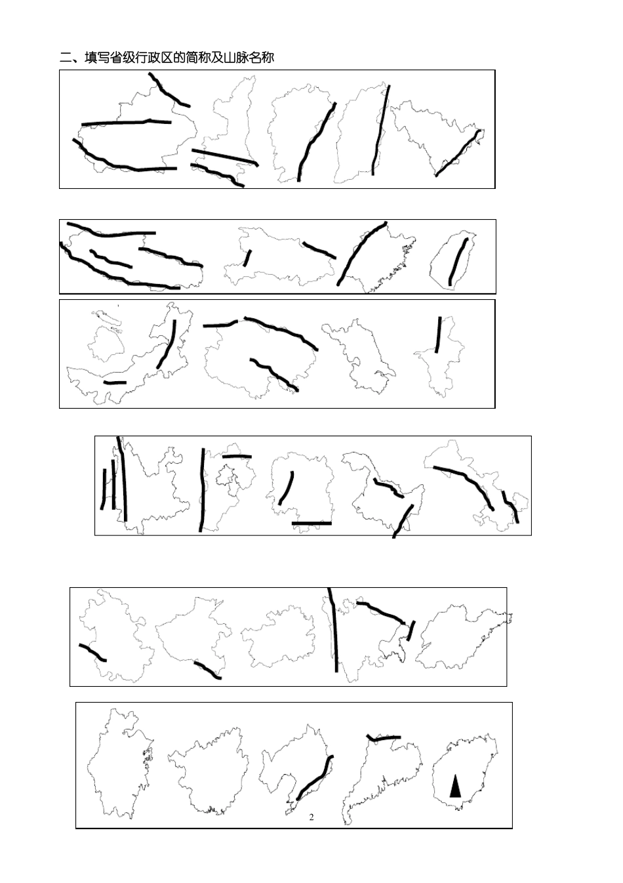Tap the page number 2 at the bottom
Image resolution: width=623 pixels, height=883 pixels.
pos(311,817)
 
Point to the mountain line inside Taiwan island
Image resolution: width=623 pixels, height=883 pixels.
pos(458,261)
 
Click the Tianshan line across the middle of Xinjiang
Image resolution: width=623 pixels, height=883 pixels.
pos(127,122)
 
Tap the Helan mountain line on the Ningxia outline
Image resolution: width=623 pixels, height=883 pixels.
pos(438,335)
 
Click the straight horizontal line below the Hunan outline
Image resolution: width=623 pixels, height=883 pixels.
pos(311,524)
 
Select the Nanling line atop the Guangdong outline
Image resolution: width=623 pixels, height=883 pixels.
pos(383,737)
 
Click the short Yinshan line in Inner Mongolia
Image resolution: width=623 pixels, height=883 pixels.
pos(115,382)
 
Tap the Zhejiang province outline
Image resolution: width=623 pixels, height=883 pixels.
pos(120,764)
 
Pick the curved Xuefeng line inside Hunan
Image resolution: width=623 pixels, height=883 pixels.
pos(287,487)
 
